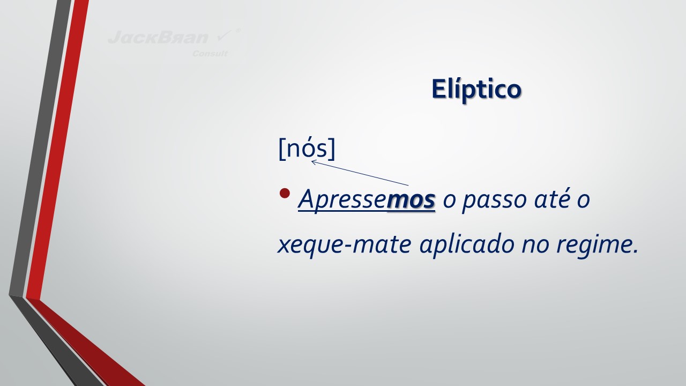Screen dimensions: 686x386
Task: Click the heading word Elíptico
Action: coord(476,89)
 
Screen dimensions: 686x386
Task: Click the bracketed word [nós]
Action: coord(307,149)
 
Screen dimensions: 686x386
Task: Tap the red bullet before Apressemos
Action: coord(285,193)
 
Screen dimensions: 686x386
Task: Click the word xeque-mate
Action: coord(344,245)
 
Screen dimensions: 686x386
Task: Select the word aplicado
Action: coord(467,244)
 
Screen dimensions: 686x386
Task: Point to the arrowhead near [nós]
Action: coord(314,161)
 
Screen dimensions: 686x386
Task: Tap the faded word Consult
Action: coord(210,54)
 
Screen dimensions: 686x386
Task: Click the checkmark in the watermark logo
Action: coord(225,36)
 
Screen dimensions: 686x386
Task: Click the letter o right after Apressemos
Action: coord(449,201)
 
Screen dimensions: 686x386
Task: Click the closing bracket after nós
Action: coord(332,149)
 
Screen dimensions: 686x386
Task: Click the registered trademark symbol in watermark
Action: coord(238,31)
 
